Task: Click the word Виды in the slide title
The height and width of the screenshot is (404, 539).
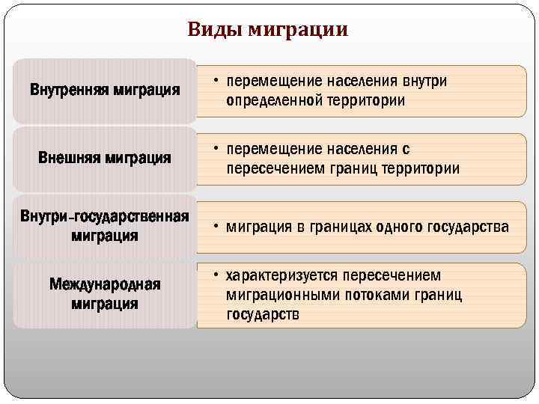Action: point(214,30)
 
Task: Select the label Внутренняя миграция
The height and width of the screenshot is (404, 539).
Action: point(105,91)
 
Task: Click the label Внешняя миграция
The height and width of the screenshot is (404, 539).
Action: point(105,159)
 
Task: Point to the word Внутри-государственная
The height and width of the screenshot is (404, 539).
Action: point(105,217)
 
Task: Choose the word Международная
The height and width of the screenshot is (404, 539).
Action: point(105,285)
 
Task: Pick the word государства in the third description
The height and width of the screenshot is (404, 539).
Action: point(469,227)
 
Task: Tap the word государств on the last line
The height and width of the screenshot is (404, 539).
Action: point(263,315)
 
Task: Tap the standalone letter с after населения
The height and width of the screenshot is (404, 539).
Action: point(406,150)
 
